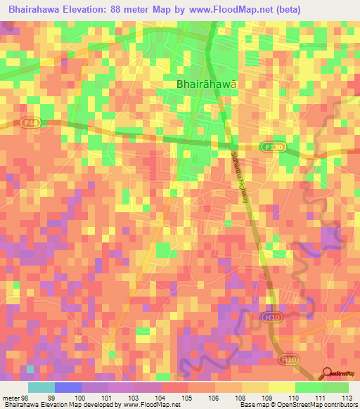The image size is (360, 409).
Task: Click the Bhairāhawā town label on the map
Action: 206,84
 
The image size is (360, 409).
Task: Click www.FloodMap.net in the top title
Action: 225,10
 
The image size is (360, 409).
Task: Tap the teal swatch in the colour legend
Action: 41,387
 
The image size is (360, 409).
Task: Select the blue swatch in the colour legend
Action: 68,387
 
